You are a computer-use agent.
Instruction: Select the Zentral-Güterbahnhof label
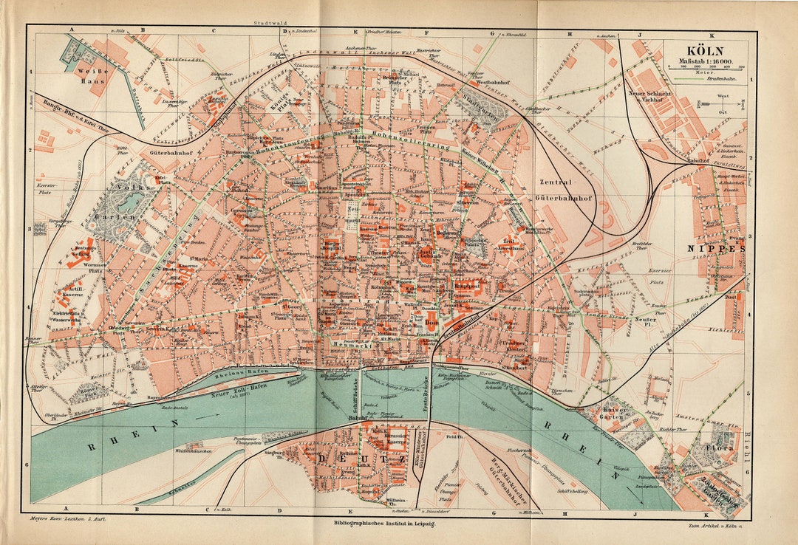pyautogui.click(x=566, y=190)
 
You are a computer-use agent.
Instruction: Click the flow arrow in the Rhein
pyautogui.click(x=216, y=415)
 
